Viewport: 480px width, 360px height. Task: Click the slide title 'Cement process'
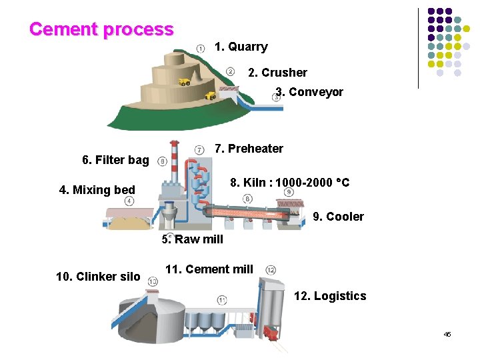(x=101, y=29)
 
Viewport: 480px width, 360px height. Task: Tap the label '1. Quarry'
(x=241, y=47)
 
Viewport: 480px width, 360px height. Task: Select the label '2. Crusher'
(x=277, y=73)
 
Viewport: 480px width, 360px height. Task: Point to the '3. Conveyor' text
(x=310, y=92)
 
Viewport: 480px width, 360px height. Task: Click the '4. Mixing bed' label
(x=97, y=190)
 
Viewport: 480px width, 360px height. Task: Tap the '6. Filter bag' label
(x=115, y=160)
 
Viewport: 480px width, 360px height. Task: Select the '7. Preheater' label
(x=249, y=149)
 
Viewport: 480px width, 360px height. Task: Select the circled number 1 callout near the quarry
(x=201, y=47)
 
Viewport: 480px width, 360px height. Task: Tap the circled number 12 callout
(x=271, y=270)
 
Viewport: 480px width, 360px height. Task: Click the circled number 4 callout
(x=129, y=200)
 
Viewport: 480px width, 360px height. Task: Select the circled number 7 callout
(x=199, y=149)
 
